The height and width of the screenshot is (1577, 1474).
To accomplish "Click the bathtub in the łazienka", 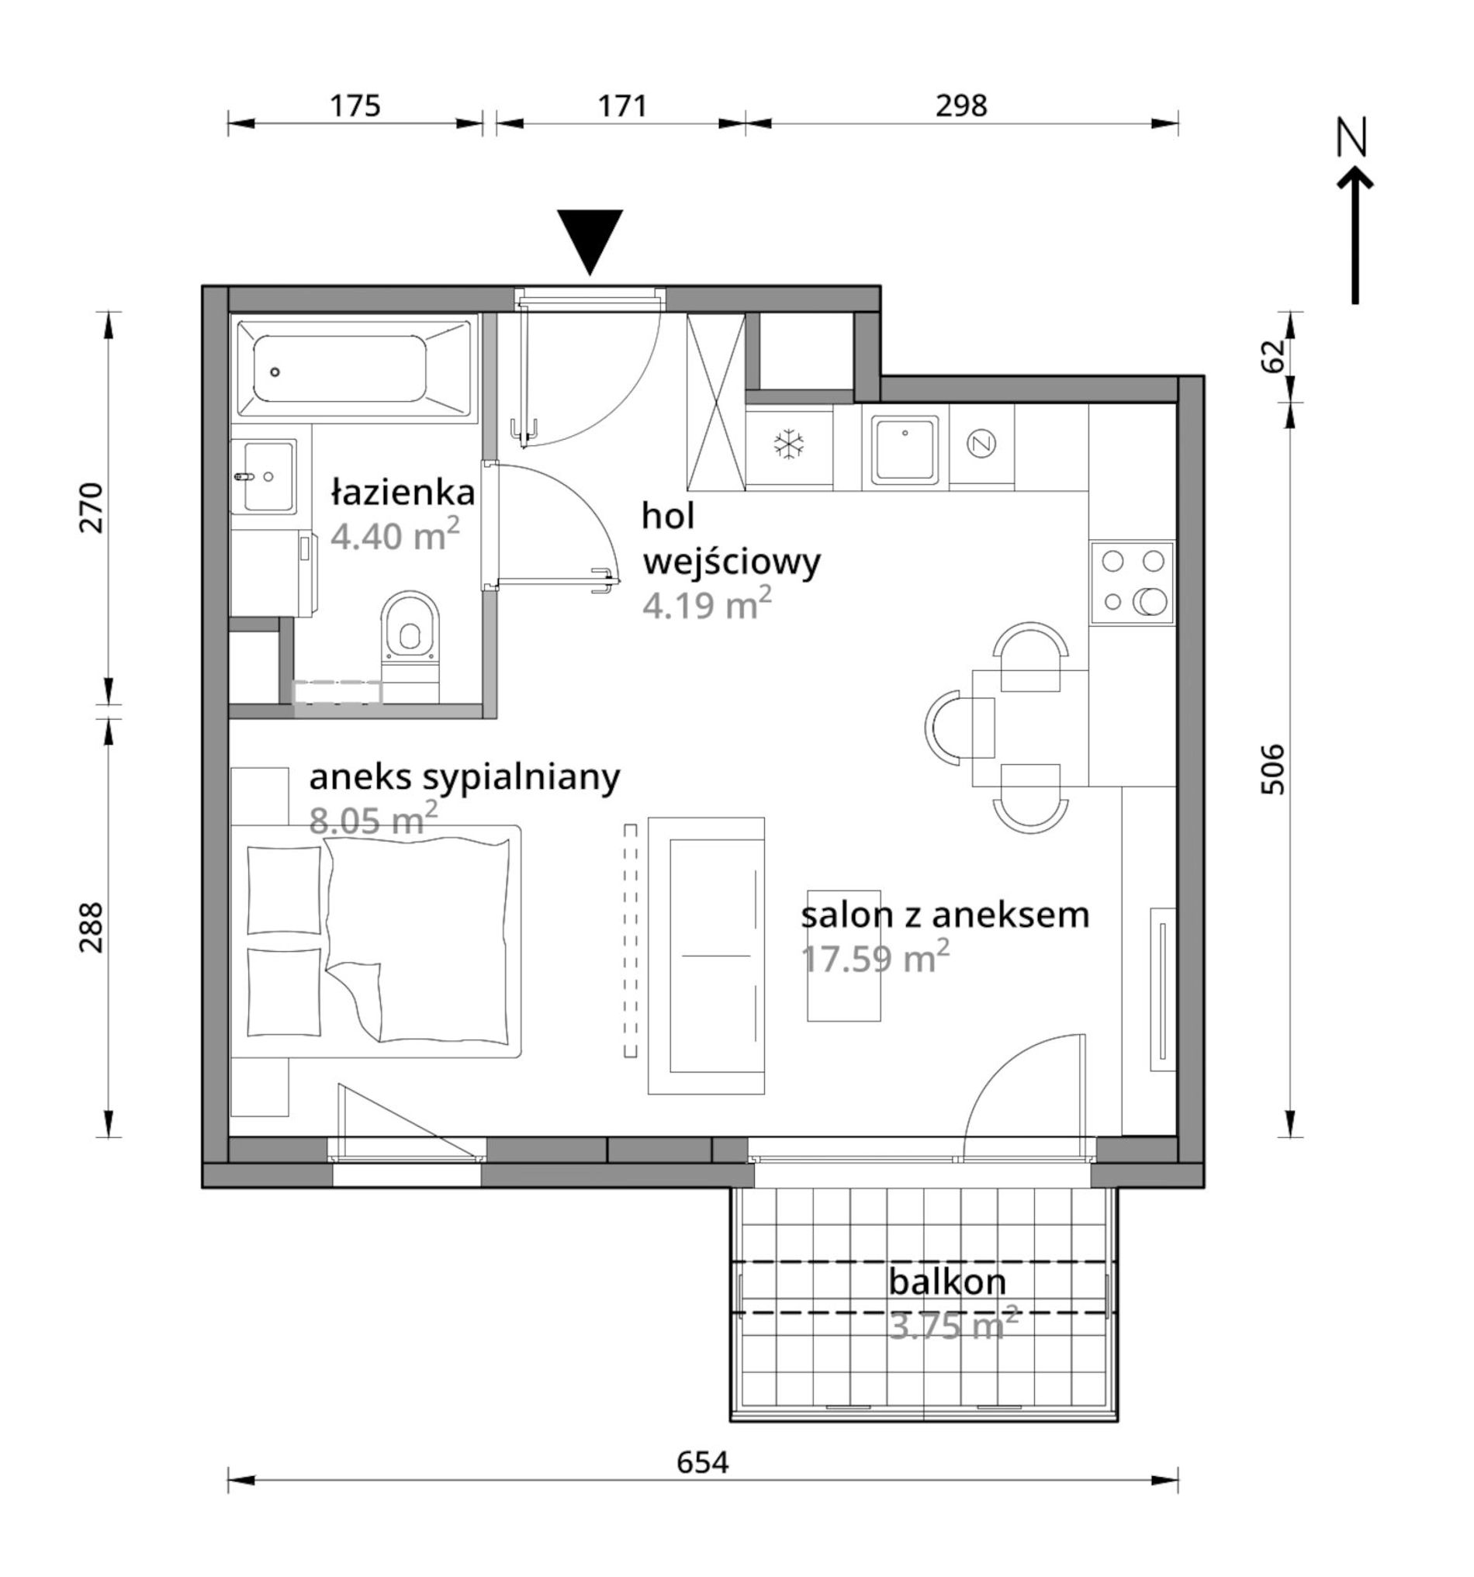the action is [x=355, y=369].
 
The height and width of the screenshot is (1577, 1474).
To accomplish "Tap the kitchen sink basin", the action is [x=905, y=448].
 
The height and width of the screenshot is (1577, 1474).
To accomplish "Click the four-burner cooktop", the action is [x=1132, y=582].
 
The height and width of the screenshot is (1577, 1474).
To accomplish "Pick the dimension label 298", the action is [x=960, y=105].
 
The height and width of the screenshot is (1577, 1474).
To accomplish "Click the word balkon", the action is [x=947, y=1283].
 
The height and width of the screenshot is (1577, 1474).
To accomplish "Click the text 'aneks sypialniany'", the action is [x=464, y=780].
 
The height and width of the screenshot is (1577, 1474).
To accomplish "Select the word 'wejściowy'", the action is [x=732, y=564].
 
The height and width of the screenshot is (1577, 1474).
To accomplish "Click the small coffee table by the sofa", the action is [x=844, y=955].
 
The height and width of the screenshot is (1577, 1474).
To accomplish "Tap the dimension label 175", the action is [x=355, y=105].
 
